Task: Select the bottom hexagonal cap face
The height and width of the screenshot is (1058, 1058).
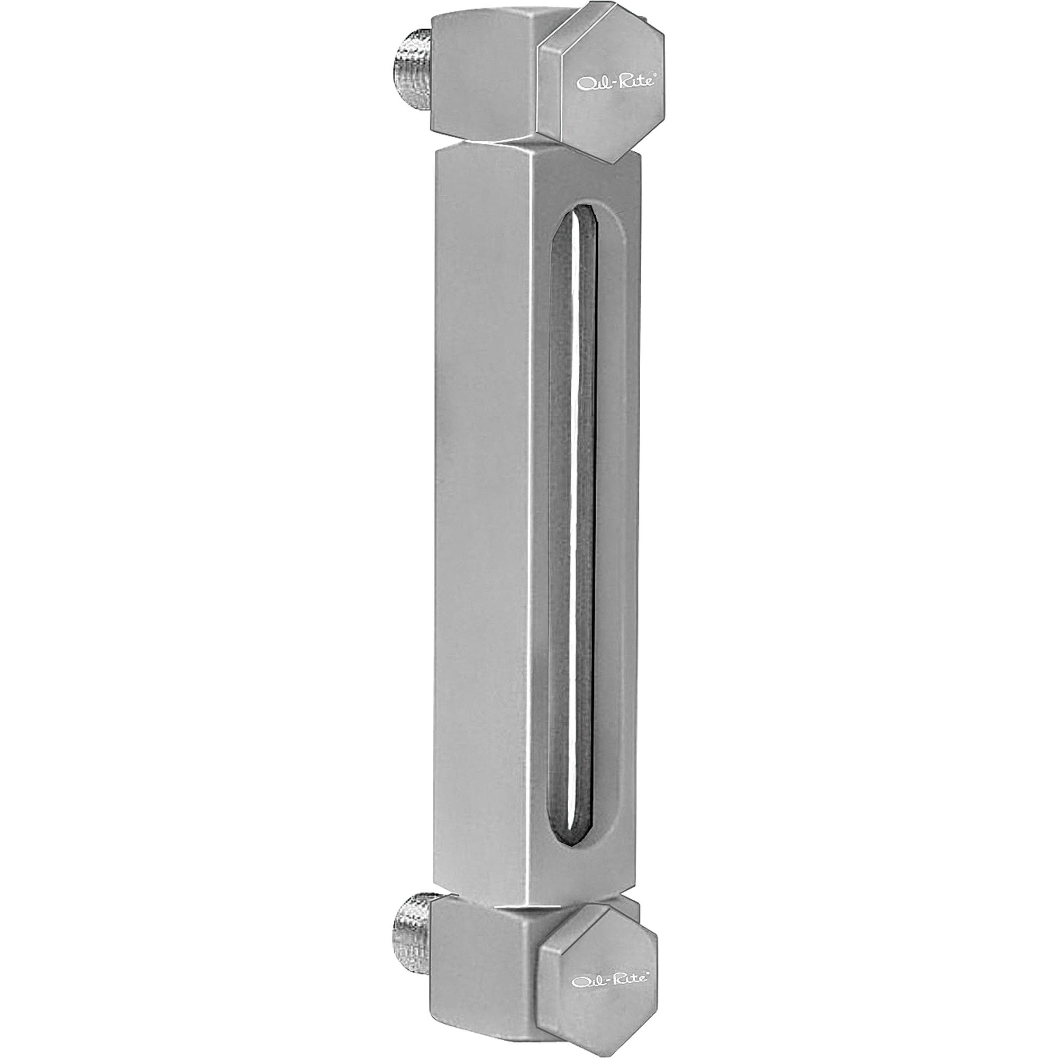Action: click(597, 953)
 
